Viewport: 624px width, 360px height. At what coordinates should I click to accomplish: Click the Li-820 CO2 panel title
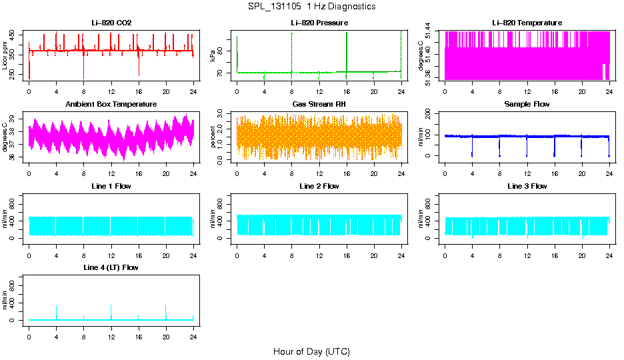pyautogui.click(x=111, y=23)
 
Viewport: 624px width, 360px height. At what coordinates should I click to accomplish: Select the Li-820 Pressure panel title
pyautogui.click(x=319, y=23)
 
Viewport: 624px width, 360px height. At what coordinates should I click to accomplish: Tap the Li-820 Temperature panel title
pyautogui.click(x=527, y=23)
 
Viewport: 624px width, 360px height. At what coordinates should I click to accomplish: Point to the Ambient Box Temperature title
pyautogui.click(x=111, y=105)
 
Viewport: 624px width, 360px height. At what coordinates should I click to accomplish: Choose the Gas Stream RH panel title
pyautogui.click(x=319, y=105)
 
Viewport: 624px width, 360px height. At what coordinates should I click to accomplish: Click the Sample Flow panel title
pyautogui.click(x=527, y=105)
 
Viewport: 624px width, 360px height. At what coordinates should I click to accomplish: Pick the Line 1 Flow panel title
pyautogui.click(x=111, y=186)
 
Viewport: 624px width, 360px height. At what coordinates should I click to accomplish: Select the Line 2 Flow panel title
pyautogui.click(x=319, y=186)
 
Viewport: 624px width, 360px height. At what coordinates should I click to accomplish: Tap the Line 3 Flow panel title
pyautogui.click(x=527, y=186)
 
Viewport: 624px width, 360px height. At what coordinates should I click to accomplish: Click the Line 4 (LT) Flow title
pyautogui.click(x=111, y=267)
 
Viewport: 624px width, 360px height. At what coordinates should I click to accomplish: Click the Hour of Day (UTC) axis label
pyautogui.click(x=311, y=351)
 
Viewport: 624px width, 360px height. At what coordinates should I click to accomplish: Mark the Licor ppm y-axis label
pyautogui.click(x=5, y=56)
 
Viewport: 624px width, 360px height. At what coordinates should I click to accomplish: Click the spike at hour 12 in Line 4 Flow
pyautogui.click(x=111, y=306)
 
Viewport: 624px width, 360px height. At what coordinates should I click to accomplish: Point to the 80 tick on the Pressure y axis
pyautogui.click(x=222, y=51)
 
